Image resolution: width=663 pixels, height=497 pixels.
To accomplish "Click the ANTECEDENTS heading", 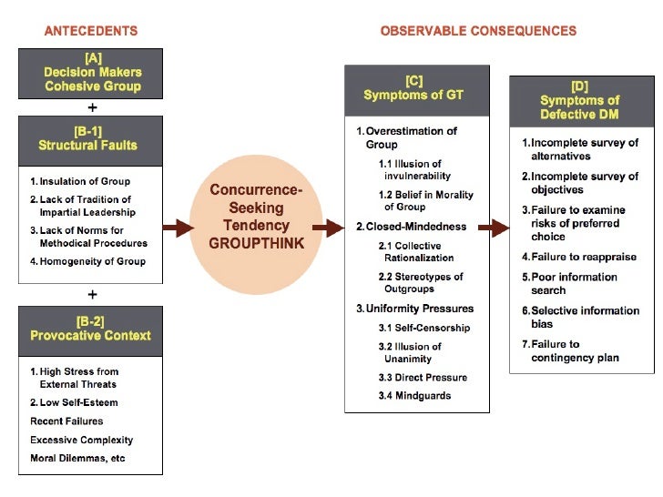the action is [x=91, y=31].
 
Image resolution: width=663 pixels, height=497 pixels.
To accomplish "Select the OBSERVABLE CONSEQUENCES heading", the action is [x=478, y=31].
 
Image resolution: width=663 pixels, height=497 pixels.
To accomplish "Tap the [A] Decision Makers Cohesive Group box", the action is [x=91, y=73].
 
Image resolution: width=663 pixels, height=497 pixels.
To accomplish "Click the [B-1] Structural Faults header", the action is [x=91, y=138].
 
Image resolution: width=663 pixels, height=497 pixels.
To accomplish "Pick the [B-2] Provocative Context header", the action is [x=91, y=329].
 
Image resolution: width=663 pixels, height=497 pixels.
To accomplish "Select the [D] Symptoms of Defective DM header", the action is [x=580, y=101].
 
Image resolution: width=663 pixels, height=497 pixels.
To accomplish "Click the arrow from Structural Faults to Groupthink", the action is [x=178, y=228].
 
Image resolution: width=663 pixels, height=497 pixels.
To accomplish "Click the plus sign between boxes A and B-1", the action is [x=92, y=106].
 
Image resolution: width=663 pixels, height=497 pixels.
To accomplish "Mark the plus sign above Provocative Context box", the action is [x=92, y=295].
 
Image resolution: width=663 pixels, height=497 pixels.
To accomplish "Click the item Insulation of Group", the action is [x=80, y=181].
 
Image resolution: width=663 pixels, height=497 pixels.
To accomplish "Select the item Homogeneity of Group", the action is [x=87, y=261].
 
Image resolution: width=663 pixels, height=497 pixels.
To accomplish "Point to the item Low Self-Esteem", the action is [x=74, y=402].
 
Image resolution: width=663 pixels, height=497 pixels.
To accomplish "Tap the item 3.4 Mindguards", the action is [x=414, y=396].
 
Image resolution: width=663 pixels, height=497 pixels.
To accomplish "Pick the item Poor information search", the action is [x=575, y=283].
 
